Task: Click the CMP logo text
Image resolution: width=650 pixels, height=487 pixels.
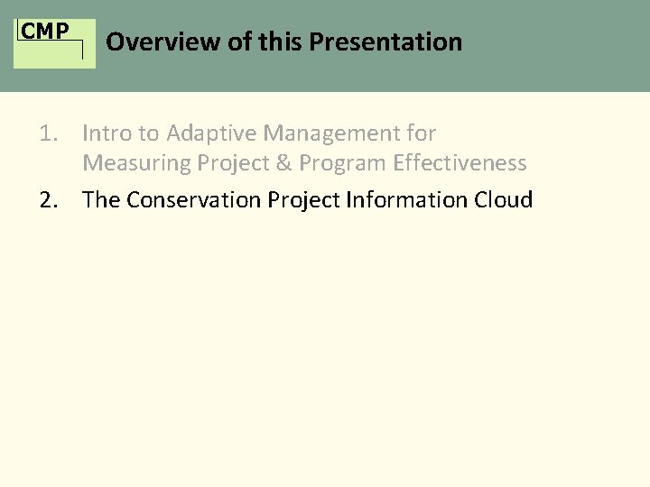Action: pyautogui.click(x=45, y=32)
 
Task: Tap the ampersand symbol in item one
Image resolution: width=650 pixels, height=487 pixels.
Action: pyautogui.click(x=284, y=163)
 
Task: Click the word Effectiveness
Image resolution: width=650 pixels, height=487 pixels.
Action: pyautogui.click(x=460, y=163)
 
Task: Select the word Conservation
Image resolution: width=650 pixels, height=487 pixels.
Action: pyautogui.click(x=193, y=199)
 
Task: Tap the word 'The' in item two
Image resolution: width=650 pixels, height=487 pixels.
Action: pyautogui.click(x=101, y=199)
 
